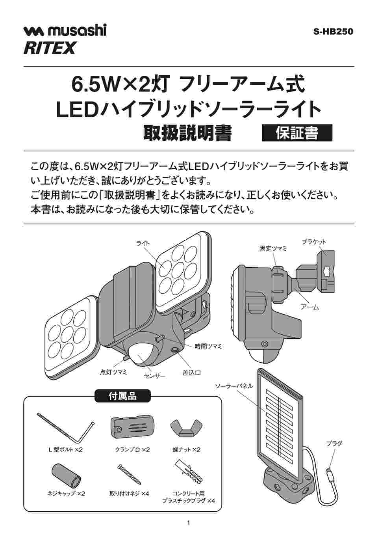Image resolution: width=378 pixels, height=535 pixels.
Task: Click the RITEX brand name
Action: coord(50,48)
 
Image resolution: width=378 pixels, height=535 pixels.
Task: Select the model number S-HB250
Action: coord(333,32)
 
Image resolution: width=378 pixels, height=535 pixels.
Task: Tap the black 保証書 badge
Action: coord(297,133)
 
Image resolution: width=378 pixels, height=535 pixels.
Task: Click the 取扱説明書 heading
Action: coord(187,133)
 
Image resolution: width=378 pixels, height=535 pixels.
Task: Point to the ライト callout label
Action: coord(143,243)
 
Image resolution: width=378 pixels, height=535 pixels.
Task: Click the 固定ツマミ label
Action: coord(273,249)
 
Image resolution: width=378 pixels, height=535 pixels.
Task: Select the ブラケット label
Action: coord(314,242)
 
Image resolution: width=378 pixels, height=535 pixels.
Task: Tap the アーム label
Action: coord(309,307)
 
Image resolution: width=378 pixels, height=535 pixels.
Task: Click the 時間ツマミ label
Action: coord(208,346)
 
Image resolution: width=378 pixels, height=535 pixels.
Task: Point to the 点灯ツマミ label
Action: coord(113,372)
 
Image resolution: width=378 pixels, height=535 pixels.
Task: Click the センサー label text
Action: coord(155,376)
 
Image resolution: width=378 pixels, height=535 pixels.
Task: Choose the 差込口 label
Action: coord(191,373)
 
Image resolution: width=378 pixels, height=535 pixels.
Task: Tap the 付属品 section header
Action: coord(122,396)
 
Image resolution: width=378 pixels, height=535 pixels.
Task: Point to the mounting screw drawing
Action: coord(129,475)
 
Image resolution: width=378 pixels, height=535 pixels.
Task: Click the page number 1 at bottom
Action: coord(189,523)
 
